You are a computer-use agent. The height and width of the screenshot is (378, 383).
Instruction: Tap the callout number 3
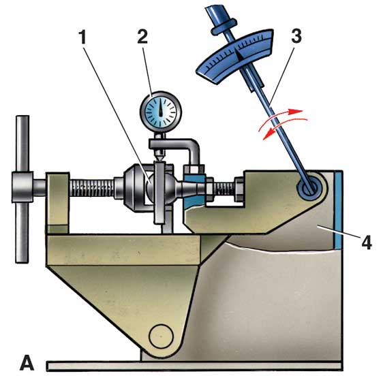[x=296, y=36]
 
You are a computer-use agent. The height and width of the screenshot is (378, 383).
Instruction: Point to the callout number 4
[x=366, y=242]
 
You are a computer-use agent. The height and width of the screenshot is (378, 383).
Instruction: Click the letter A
[x=27, y=363]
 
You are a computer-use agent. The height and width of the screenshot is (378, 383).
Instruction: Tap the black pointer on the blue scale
[x=239, y=54]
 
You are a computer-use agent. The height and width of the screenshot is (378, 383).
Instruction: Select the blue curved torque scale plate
[x=234, y=56]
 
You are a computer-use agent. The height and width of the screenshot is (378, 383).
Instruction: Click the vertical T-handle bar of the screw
[x=22, y=189]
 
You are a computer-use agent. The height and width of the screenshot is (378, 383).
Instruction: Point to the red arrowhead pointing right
[x=296, y=111]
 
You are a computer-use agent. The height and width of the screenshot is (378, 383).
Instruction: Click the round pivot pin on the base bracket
[x=161, y=336]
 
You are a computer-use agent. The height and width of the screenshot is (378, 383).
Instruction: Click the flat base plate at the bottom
[x=194, y=366]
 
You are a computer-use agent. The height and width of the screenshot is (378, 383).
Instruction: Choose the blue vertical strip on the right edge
[x=339, y=210]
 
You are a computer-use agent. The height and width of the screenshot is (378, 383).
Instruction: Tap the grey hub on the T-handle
[x=22, y=187]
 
